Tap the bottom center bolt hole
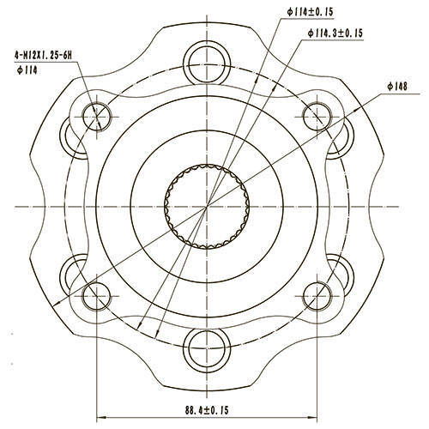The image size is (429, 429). click(207, 347)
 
